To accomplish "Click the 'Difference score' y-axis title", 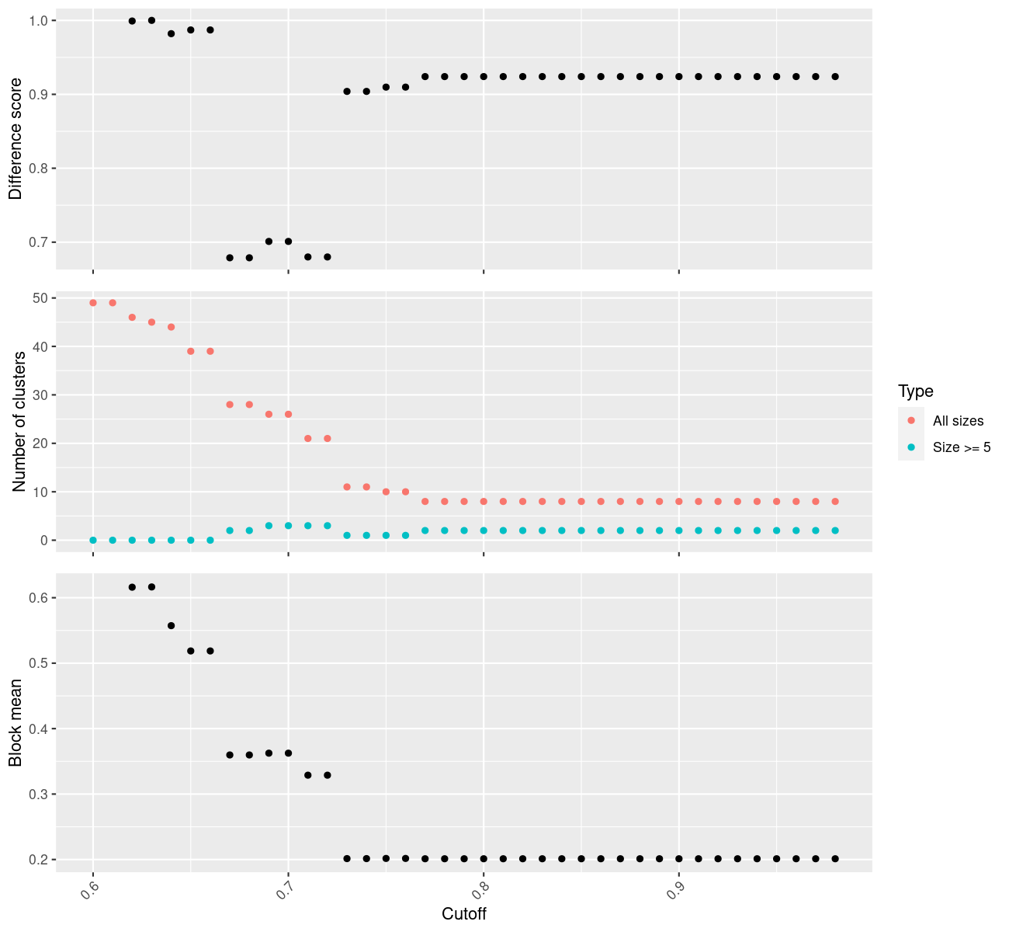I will tap(16, 138).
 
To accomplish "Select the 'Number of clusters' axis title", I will tap(19, 422).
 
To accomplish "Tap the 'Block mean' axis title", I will tap(16, 723).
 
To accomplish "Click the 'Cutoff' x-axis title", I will tap(464, 914).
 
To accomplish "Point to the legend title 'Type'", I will tap(916, 391).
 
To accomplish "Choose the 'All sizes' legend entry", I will tap(958, 421).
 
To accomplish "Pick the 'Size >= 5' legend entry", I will tap(962, 447).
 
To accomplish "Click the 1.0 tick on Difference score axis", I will tap(37, 20).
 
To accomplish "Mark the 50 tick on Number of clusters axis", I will tap(40, 298).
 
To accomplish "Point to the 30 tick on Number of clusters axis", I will tap(40, 395).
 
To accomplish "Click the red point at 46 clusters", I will tap(132, 318).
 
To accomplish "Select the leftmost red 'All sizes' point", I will tap(93, 303).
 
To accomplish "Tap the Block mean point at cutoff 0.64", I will tap(172, 626).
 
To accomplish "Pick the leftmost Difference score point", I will tap(132, 21).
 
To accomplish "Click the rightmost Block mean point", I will tap(835, 859).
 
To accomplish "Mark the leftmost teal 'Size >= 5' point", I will tap(93, 541).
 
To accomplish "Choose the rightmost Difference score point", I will tap(835, 77).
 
